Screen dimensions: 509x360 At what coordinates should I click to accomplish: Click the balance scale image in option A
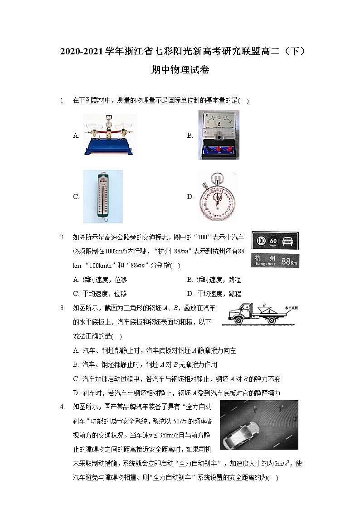pos(109,135)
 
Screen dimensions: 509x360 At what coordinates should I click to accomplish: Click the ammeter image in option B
pos(219,135)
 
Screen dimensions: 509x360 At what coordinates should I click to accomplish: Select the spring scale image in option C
pos(102,196)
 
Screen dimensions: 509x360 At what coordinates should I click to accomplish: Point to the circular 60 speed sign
pos(274,241)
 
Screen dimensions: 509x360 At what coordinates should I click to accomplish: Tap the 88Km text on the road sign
pos(289,262)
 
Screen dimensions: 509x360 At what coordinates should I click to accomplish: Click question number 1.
pos(62,101)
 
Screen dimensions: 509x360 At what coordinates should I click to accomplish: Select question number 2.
pos(62,237)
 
